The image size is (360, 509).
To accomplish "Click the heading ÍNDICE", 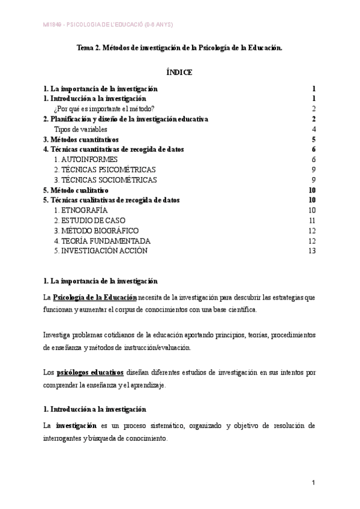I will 179,72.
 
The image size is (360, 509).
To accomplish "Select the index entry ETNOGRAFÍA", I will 80,210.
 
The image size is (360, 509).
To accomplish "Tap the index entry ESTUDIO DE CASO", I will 89,220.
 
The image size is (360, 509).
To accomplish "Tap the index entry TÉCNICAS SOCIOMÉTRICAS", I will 105,179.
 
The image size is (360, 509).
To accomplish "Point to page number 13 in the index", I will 311,251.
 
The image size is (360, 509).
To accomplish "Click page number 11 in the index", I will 311,220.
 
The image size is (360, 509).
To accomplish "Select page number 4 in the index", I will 314,129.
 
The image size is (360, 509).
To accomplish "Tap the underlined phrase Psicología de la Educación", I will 95,297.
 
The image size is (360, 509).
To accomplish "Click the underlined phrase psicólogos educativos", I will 90,372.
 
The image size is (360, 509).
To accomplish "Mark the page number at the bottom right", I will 314,483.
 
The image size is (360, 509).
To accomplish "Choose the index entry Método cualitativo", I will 76,190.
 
